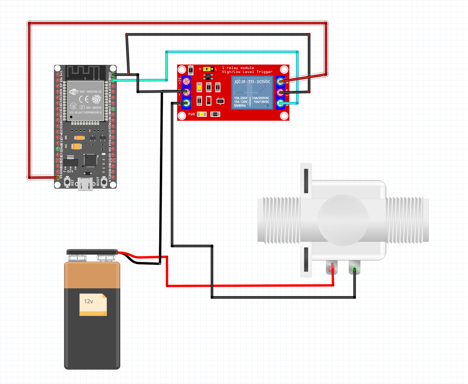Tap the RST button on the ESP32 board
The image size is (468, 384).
(67, 182)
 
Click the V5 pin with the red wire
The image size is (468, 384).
(58, 177)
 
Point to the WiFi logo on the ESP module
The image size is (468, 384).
(74, 92)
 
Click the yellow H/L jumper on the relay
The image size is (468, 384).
(208, 69)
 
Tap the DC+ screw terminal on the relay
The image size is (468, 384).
(186, 81)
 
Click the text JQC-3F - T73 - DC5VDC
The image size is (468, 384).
(252, 82)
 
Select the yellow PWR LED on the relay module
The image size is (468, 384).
(202, 114)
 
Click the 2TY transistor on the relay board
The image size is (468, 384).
(220, 101)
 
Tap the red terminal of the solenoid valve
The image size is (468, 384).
(332, 268)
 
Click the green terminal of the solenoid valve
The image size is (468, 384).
(355, 268)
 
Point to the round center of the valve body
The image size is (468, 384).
(343, 220)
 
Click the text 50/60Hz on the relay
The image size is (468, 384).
(240, 105)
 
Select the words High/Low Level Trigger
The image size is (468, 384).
(247, 72)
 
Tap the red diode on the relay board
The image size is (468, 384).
(209, 100)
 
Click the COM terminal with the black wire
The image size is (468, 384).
(280, 92)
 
